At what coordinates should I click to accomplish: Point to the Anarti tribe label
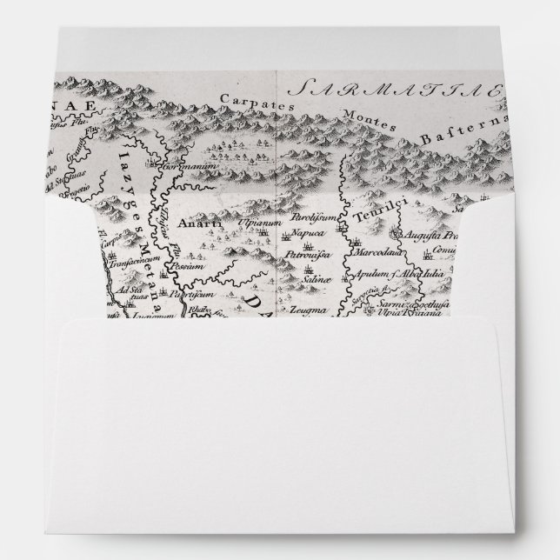click(x=192, y=223)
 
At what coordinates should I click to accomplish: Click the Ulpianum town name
click(x=256, y=223)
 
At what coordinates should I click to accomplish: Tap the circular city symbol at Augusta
click(x=397, y=234)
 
